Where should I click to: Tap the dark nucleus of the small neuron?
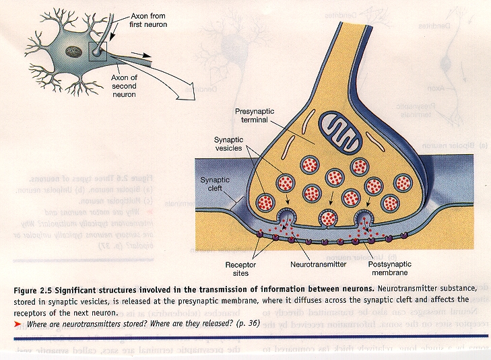(69, 51)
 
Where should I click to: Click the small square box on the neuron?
(98, 50)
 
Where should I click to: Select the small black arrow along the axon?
(140, 57)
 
